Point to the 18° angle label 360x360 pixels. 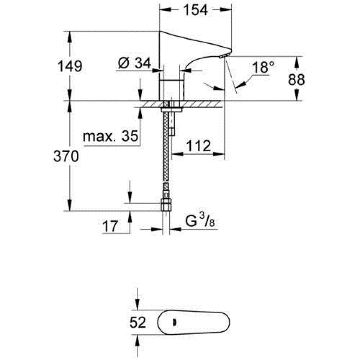(x=263, y=67)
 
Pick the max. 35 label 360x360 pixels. (x=111, y=136)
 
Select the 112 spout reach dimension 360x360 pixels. (x=198, y=146)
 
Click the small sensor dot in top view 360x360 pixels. (x=174, y=322)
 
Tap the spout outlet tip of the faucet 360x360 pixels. (x=222, y=56)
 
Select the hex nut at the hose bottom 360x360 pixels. (x=166, y=206)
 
